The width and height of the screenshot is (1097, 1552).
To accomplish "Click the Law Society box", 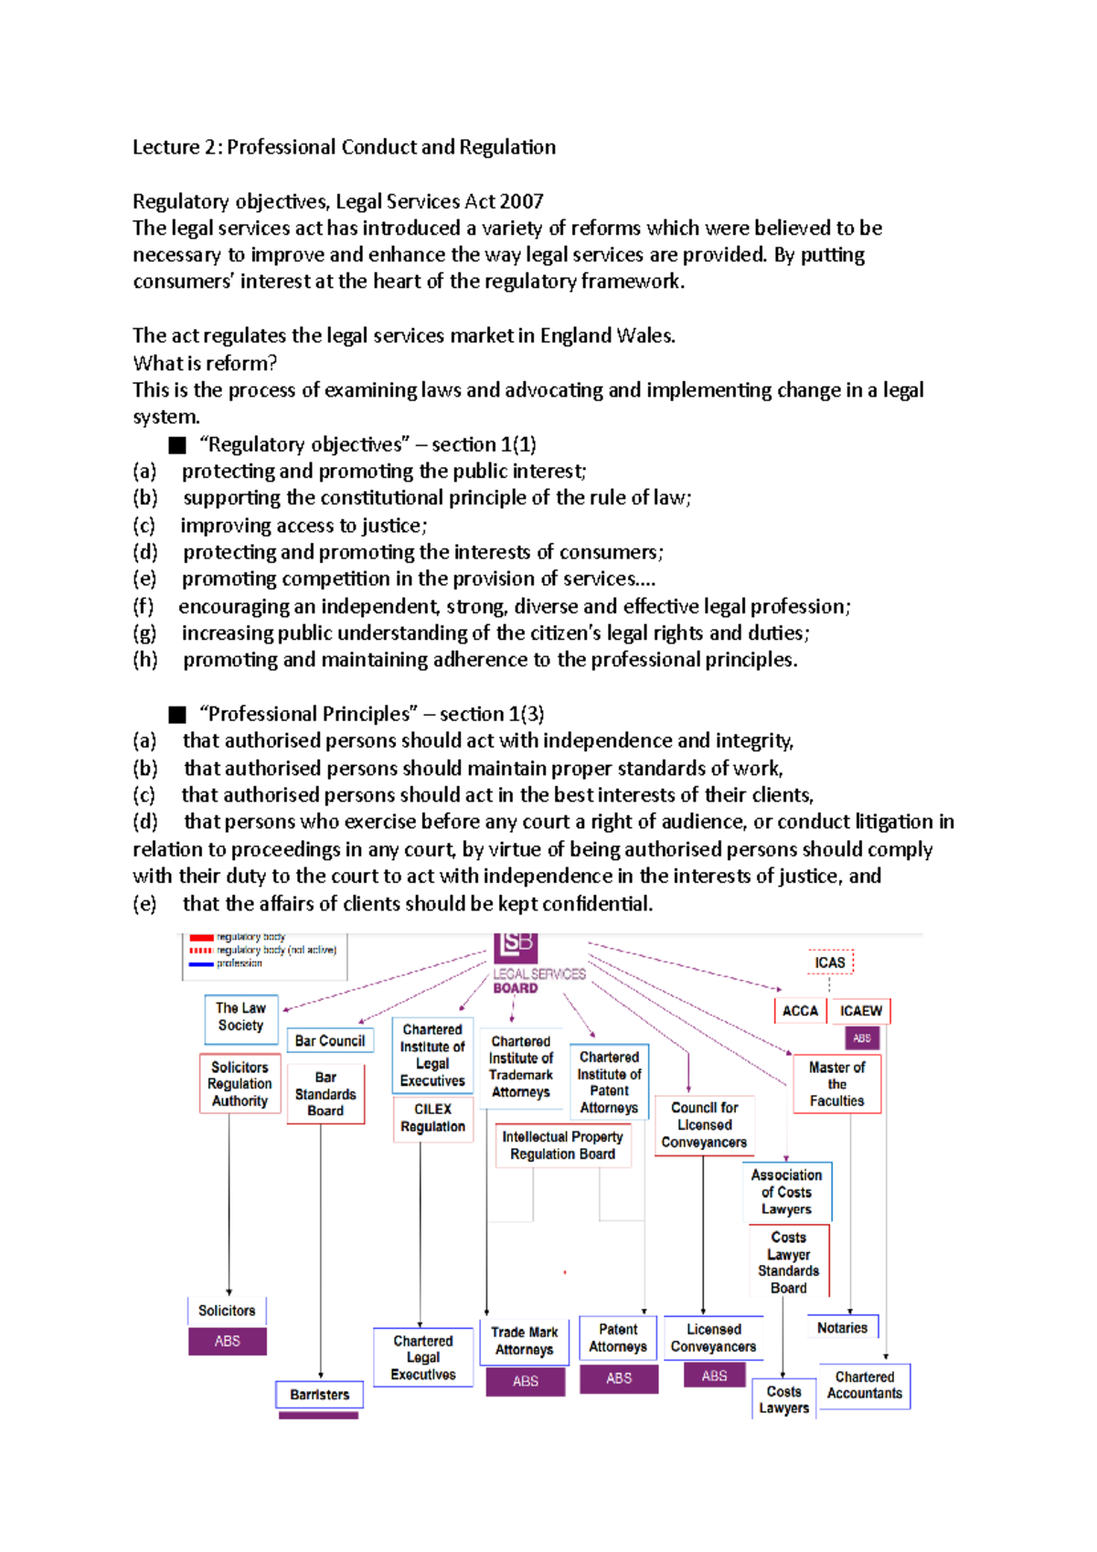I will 241,1017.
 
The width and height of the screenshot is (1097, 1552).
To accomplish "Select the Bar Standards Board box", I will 325,1094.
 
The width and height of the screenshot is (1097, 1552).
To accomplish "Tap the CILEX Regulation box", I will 432,1118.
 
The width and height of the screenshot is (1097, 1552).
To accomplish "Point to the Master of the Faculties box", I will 836,1084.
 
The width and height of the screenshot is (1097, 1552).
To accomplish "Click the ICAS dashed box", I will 830,962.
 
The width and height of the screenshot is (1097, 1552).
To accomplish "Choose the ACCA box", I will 800,1011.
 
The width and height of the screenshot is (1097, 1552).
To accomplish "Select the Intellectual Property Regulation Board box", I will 562,1145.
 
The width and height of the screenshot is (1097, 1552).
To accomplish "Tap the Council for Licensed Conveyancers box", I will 704,1125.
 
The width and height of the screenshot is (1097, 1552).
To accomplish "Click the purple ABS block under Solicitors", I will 228,1341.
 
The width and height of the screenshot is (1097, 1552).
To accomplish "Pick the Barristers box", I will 320,1395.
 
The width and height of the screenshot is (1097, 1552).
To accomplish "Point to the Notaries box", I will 842,1327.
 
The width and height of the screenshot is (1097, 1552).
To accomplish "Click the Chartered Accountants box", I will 864,1385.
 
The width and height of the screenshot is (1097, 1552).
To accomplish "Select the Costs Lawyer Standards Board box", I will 788,1262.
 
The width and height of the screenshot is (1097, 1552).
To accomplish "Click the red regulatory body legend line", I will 201,938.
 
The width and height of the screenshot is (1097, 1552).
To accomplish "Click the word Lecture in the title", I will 165,147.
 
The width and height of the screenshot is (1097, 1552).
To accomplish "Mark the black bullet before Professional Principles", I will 177,715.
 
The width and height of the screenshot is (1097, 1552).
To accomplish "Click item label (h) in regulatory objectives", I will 144,660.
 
